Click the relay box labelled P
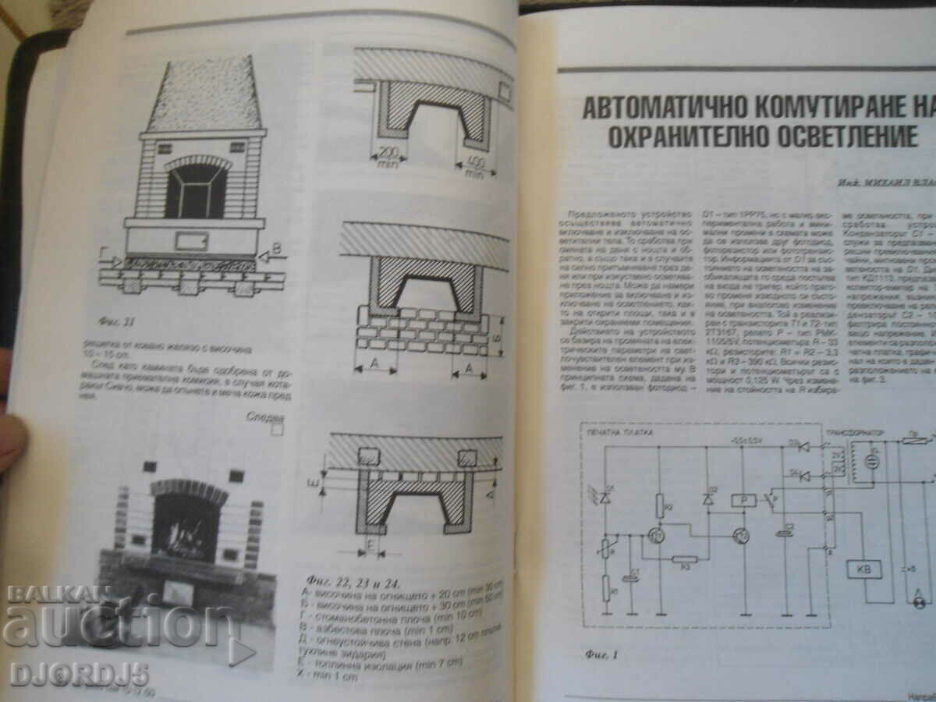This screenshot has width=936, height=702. [x=741, y=501]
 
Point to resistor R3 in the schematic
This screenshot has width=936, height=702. [x=685, y=559]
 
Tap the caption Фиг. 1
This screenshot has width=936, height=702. [x=603, y=653]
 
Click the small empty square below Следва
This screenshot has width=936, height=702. [x=276, y=427]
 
